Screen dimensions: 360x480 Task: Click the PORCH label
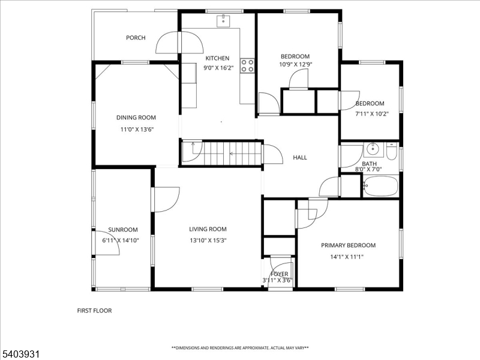point(136,38)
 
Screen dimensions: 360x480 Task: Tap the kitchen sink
point(223,21)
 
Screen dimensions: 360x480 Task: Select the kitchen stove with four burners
point(247,65)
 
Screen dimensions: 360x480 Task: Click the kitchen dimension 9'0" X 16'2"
point(217,68)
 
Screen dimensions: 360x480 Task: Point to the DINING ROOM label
point(136,118)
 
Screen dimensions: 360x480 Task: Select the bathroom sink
point(371,149)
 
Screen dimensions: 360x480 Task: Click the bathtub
point(380,187)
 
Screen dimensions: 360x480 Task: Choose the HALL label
point(300,157)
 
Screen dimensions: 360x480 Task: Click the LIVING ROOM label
point(208,229)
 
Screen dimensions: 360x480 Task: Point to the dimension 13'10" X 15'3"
point(208,240)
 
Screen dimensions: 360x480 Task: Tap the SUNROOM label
point(123,229)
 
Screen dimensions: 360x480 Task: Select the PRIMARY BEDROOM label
point(348,245)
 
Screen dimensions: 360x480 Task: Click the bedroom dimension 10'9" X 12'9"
point(295,64)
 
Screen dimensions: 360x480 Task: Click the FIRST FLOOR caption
point(94,311)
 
